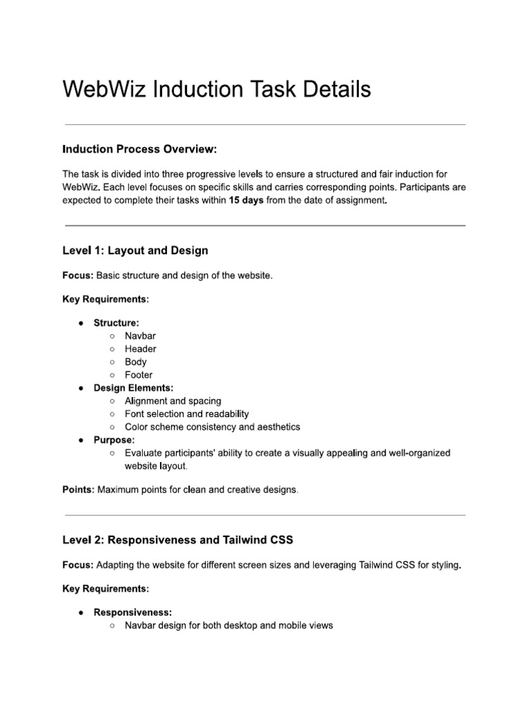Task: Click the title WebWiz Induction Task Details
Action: click(x=217, y=89)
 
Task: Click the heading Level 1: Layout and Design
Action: click(x=135, y=250)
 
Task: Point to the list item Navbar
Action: click(x=140, y=336)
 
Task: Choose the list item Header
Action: click(x=140, y=349)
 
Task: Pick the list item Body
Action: click(x=135, y=362)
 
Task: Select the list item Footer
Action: click(x=139, y=375)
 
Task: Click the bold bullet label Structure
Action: click(x=117, y=322)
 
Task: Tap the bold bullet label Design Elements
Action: click(x=134, y=388)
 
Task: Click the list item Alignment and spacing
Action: click(x=173, y=401)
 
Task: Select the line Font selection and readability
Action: click(x=186, y=414)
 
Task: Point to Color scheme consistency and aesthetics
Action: click(x=213, y=427)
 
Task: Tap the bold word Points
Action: click(x=79, y=490)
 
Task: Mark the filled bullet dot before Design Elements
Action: click(x=81, y=388)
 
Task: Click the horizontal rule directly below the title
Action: click(x=265, y=125)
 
